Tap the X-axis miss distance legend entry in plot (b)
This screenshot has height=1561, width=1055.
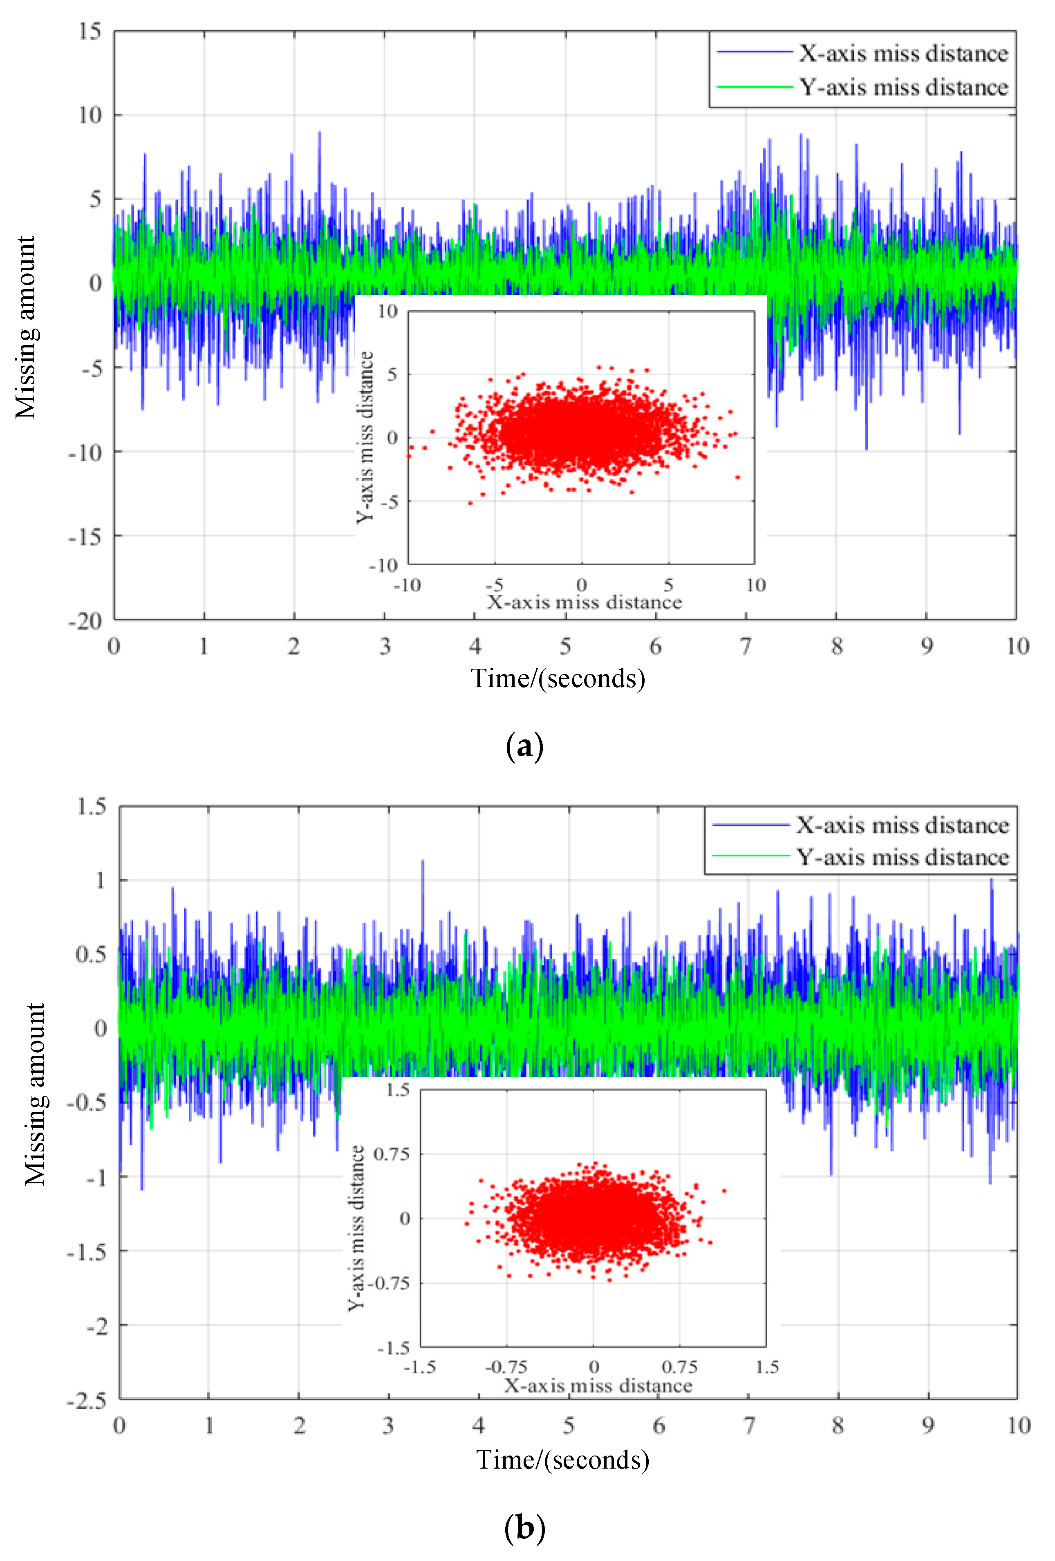click(902, 825)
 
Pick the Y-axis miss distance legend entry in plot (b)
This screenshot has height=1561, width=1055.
click(902, 857)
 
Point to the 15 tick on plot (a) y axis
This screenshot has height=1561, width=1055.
click(90, 31)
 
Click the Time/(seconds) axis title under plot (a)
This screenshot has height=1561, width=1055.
click(558, 679)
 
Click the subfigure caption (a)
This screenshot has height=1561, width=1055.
click(524, 746)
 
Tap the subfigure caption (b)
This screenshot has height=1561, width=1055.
click(524, 1528)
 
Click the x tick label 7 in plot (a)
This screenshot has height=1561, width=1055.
click(746, 646)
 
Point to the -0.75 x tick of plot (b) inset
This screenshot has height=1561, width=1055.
click(506, 1366)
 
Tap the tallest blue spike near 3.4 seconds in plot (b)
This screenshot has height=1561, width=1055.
click(422, 861)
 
